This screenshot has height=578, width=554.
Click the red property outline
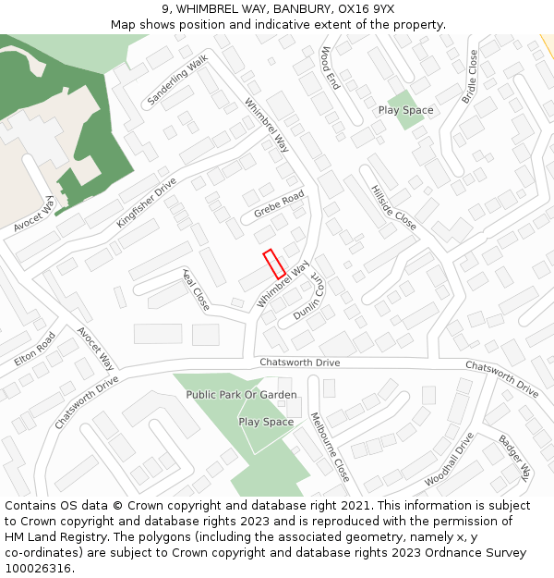[273, 264]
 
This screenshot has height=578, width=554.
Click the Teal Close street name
[196, 289]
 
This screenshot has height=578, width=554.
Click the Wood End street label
[330, 68]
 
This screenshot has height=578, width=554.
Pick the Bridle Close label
[471, 75]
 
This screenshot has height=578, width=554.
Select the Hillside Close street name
[392, 205]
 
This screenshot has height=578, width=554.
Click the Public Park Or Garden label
[242, 395]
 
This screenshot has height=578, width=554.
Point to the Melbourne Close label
[330, 447]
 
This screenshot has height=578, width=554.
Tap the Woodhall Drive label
[450, 460]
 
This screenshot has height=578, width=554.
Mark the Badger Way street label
[515, 457]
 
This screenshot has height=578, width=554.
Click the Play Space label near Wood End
[405, 110]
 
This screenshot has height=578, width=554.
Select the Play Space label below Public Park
[266, 422]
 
